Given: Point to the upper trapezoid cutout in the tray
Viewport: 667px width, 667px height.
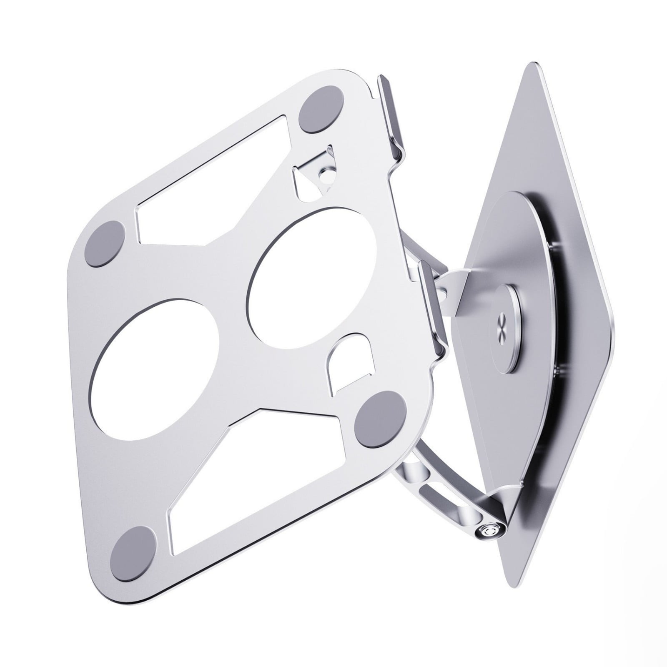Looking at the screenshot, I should click(208, 183).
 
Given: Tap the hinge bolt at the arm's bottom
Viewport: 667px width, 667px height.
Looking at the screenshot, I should click(486, 532).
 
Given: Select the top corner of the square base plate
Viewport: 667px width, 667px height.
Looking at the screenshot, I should click(534, 67).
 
